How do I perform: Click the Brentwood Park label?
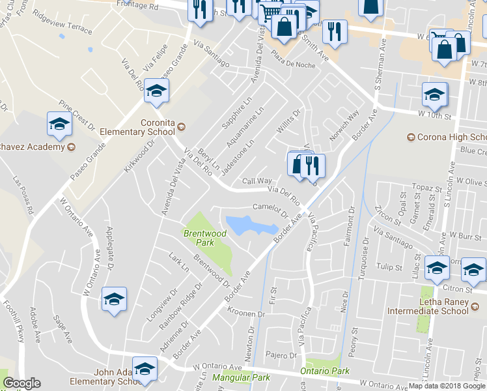(x=205, y=238)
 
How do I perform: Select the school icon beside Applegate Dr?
(x=115, y=300)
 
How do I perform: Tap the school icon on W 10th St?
(x=434, y=95)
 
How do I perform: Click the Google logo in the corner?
(x=21, y=383)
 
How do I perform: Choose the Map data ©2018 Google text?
(x=447, y=386)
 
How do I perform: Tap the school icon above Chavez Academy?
(x=59, y=124)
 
